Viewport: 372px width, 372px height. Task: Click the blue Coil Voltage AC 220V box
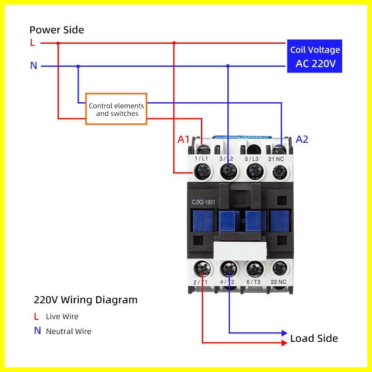point(315,56)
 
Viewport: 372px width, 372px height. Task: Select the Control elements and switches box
point(116,109)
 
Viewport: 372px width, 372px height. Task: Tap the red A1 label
point(184,139)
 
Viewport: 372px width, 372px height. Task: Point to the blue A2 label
point(302,139)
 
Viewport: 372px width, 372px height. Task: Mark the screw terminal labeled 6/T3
point(254,268)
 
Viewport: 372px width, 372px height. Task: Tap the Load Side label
point(314,338)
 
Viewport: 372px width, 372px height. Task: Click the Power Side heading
point(57,30)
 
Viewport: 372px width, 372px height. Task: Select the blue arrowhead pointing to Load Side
point(285,333)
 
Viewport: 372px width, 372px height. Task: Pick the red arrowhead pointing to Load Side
point(285,343)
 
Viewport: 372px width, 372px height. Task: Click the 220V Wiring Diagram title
point(86,299)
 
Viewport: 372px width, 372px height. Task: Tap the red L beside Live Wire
point(36,317)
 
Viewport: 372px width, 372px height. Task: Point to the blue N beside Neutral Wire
point(37,331)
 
